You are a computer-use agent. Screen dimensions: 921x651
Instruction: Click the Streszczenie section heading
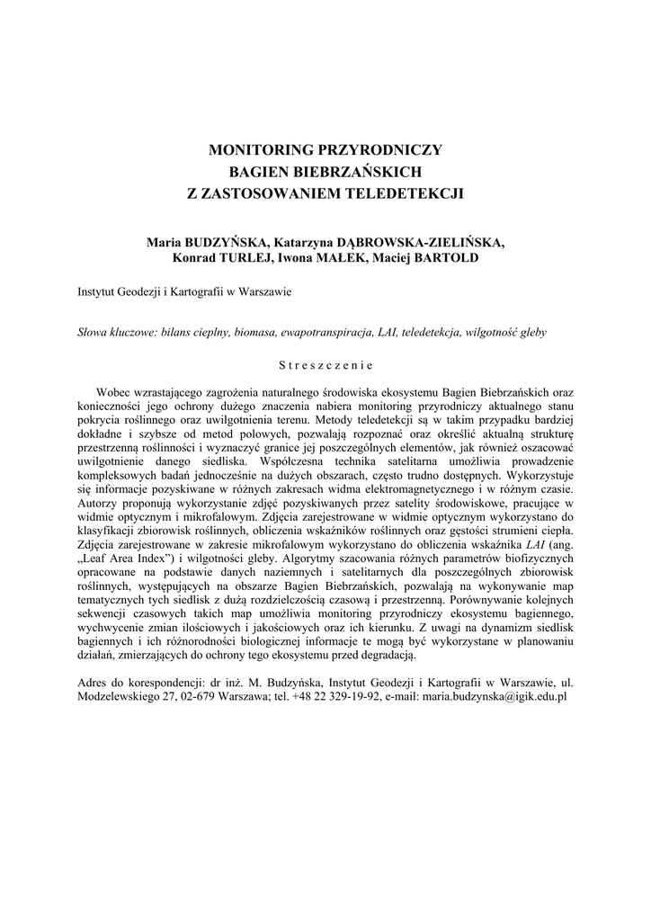tap(325, 365)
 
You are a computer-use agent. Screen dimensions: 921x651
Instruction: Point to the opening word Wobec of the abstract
tap(115, 392)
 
